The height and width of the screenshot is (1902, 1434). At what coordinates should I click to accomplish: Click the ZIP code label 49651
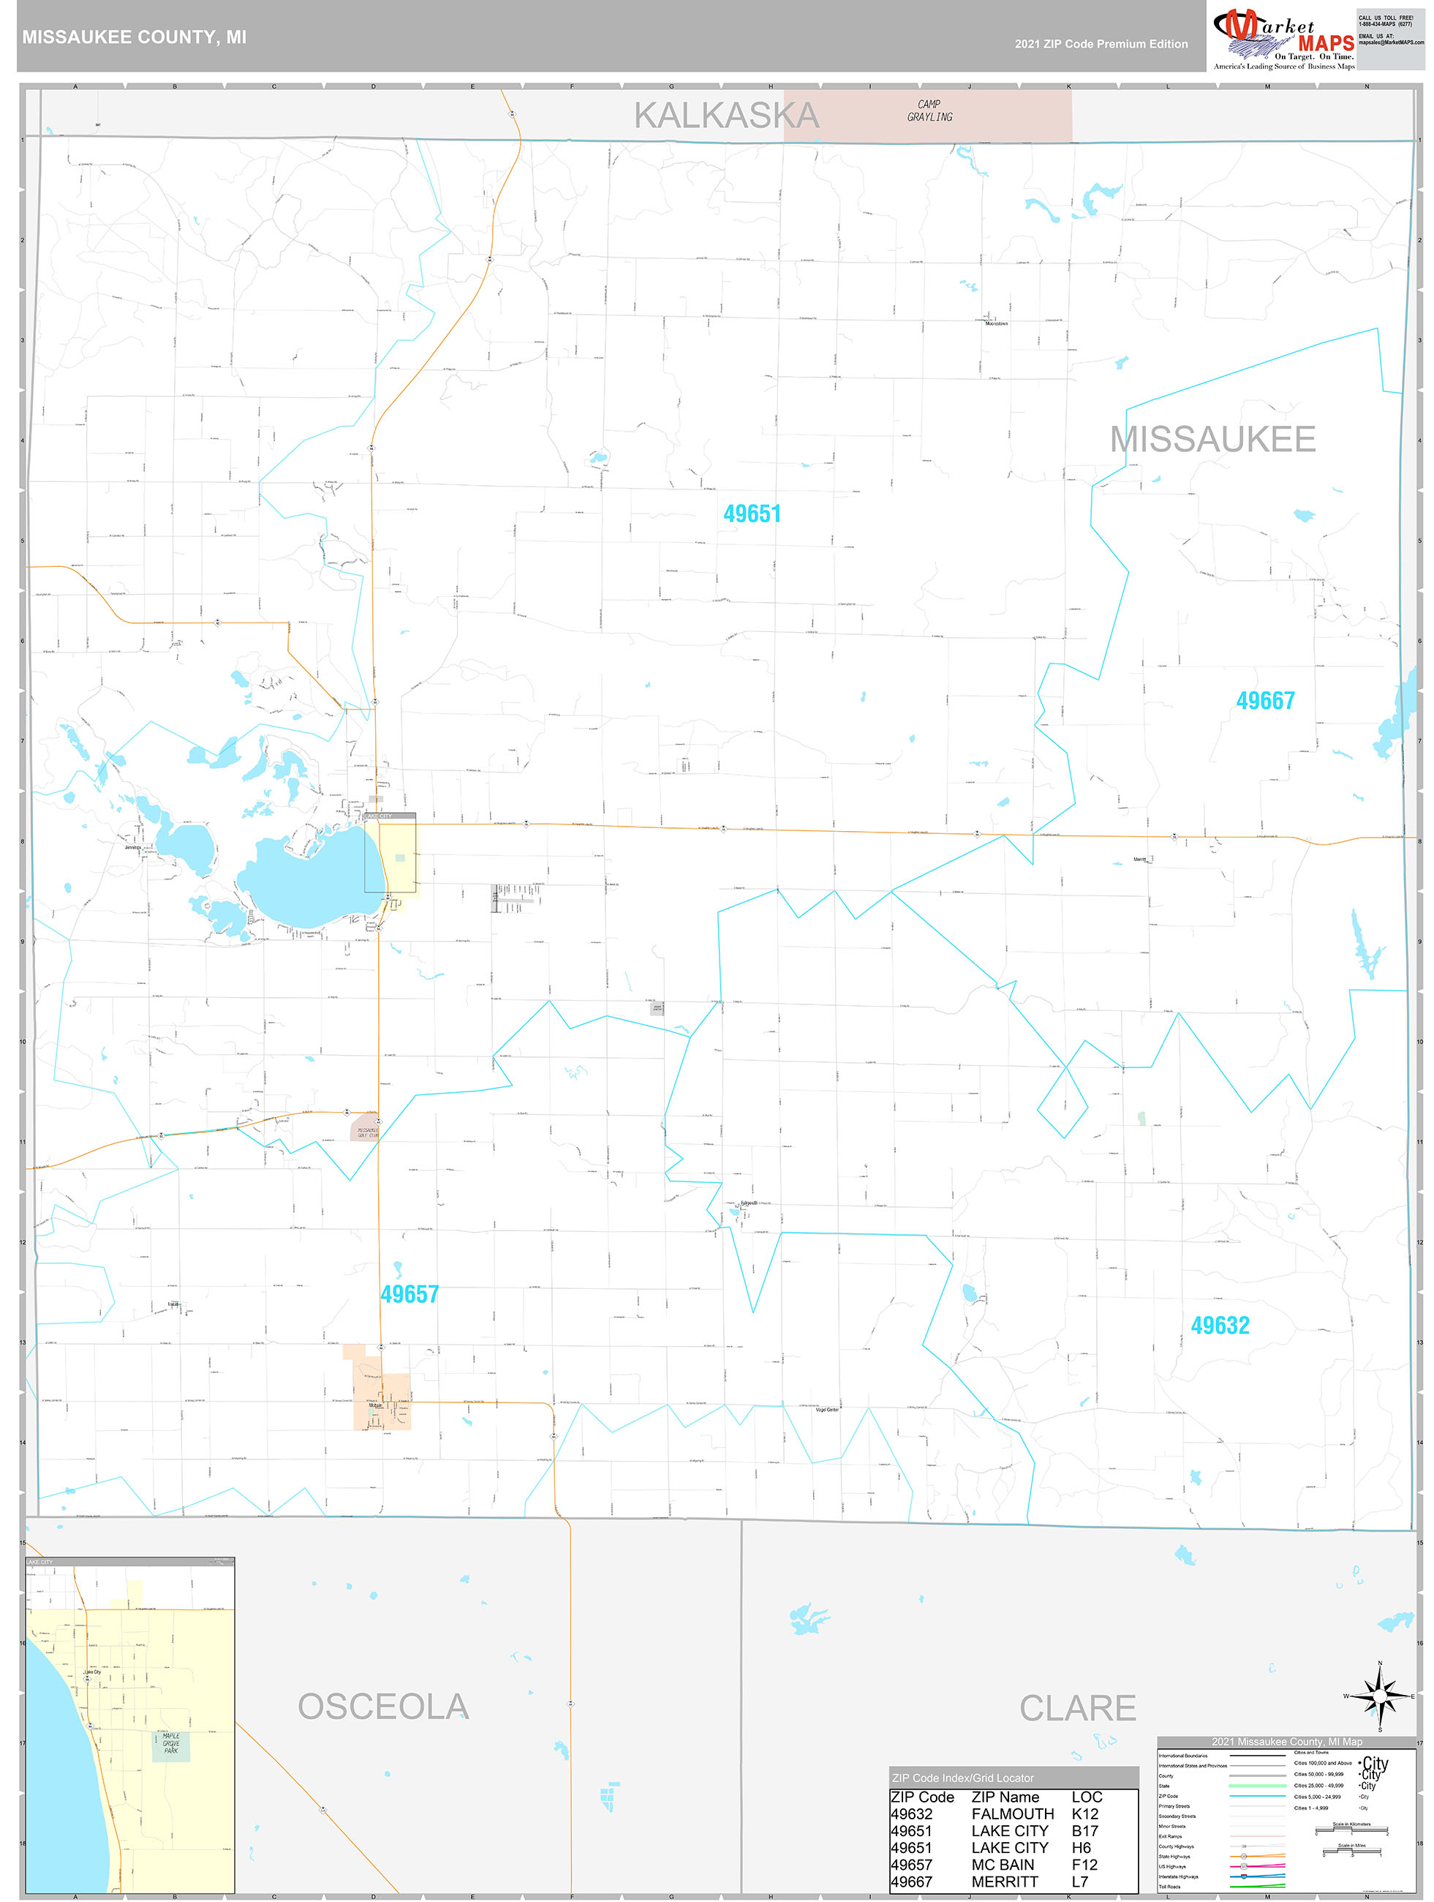tap(752, 514)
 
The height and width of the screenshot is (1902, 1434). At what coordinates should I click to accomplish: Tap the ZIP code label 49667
tap(1264, 701)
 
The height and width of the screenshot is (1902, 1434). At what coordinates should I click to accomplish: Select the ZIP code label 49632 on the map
tap(1220, 1325)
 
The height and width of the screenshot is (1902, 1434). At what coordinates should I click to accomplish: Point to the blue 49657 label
tap(410, 1294)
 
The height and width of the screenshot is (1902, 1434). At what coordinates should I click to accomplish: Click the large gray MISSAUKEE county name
tap(1212, 440)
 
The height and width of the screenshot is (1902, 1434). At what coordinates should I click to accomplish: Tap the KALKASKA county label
tap(726, 116)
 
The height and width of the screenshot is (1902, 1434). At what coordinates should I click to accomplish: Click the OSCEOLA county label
tap(383, 1707)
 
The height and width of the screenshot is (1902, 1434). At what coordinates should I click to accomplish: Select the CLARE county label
tap(1077, 1707)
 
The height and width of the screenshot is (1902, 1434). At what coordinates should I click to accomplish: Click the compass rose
tap(1380, 1696)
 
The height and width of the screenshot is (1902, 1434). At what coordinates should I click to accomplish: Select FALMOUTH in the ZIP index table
tap(1012, 1813)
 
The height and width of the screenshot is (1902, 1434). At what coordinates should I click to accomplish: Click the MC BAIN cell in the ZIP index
tap(1003, 1864)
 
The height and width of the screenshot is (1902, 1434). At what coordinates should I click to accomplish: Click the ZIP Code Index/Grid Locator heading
tap(963, 1778)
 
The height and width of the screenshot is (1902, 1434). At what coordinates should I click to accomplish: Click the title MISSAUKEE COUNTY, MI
tap(134, 37)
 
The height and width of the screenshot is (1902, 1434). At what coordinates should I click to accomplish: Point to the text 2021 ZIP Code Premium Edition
tap(1101, 44)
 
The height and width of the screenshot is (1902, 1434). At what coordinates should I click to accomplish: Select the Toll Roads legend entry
tap(1169, 1887)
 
